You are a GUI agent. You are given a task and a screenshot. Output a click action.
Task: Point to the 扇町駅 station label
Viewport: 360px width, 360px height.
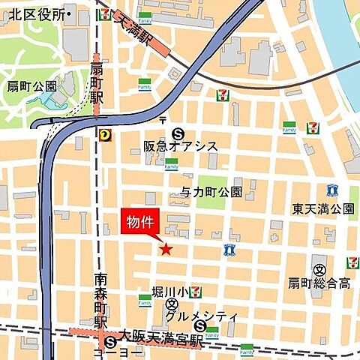pos(96,82)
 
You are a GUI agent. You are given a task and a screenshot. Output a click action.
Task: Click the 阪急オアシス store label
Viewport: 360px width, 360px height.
pos(181,146)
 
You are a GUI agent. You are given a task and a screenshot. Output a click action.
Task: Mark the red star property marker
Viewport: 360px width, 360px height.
pos(166,249)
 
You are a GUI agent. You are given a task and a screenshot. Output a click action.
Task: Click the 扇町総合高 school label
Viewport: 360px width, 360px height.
pos(322,283)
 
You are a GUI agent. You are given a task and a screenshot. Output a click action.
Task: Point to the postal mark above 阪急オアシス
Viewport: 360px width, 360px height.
pos(162,120)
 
